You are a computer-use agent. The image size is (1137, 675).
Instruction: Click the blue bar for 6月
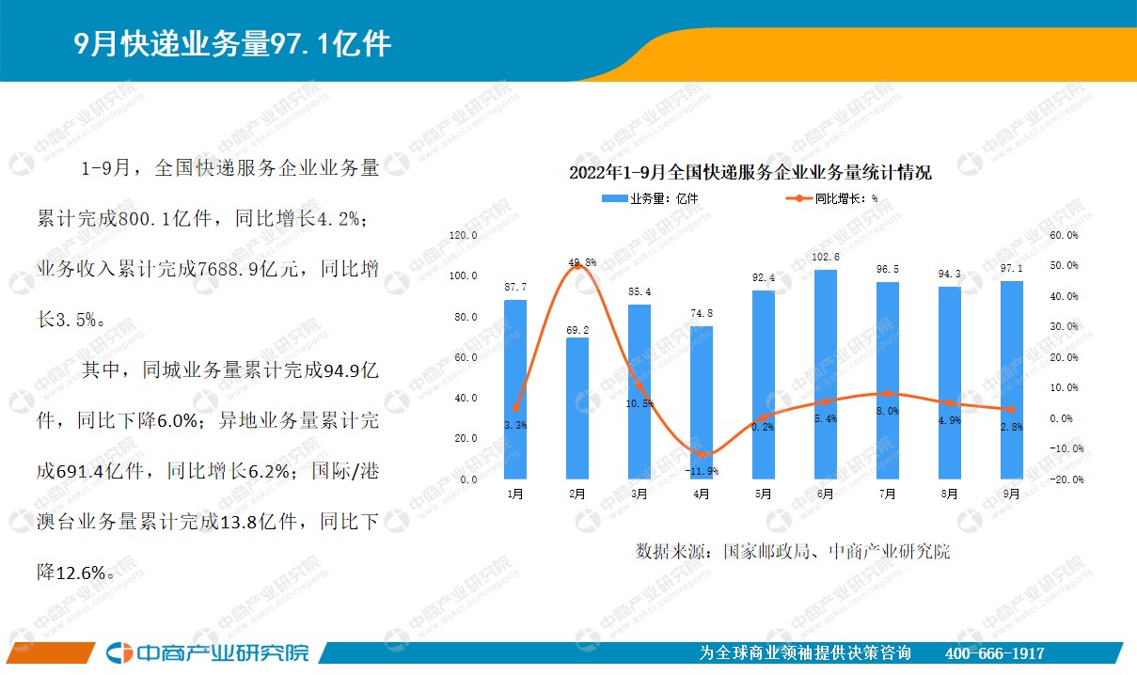[826, 374]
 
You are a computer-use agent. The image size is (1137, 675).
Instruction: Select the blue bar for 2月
[577, 409]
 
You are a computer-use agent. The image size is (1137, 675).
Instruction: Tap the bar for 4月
[702, 402]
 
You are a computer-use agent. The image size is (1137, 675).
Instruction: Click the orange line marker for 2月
[577, 265]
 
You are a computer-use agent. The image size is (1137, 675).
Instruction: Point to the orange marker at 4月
[702, 454]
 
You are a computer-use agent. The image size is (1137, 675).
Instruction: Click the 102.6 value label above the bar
[826, 258]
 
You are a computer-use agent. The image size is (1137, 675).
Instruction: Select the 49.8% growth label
[582, 262]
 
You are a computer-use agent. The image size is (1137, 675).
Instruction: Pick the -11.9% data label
[702, 471]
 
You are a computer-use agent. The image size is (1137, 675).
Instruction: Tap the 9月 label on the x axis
[1011, 494]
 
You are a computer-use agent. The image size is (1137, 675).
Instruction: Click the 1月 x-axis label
[515, 494]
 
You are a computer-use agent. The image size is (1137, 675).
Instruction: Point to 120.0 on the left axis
[464, 235]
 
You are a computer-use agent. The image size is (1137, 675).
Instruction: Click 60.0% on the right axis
[1064, 235]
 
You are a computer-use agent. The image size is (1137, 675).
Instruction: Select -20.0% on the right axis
[1066, 479]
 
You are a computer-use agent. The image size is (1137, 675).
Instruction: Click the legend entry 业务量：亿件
[650, 198]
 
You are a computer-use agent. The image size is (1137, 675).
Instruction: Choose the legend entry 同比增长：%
[832, 198]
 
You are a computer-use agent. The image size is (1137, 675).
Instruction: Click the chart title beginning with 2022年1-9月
[750, 173]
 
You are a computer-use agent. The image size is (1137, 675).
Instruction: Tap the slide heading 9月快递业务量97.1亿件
[232, 43]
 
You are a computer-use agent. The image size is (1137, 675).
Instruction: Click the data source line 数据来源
[793, 551]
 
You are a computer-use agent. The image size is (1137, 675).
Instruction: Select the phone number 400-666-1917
[994, 653]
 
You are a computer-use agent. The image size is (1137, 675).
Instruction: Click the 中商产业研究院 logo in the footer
[207, 652]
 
